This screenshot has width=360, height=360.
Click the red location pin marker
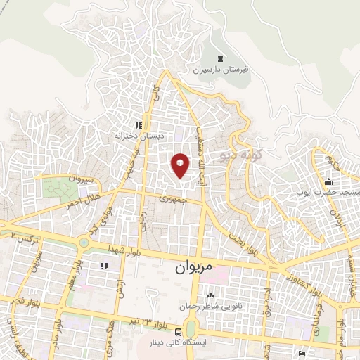coord(181,165)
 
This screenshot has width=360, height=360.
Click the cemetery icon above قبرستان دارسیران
coord(221,58)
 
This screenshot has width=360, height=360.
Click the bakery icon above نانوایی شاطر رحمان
coord(210,295)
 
